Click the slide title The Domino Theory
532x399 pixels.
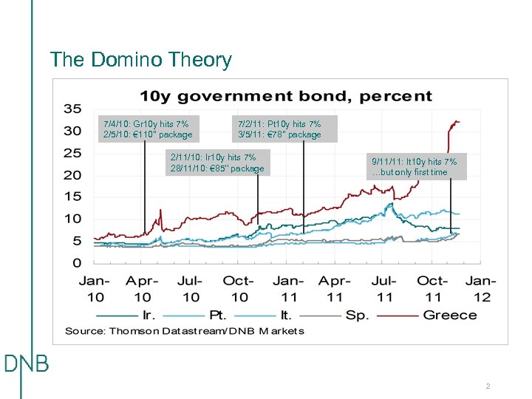(x=140, y=60)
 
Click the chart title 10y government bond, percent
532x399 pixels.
(x=287, y=96)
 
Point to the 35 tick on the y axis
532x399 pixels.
(x=72, y=109)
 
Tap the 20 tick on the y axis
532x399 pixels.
(x=72, y=175)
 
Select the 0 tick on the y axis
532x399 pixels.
(x=77, y=263)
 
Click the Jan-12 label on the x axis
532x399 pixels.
(x=480, y=288)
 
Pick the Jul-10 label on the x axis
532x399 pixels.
(x=191, y=288)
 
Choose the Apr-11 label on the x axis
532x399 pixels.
(x=334, y=288)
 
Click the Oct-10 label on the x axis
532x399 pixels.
(x=239, y=288)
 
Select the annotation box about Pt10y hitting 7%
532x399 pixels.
(x=279, y=129)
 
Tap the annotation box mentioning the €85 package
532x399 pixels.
(x=216, y=163)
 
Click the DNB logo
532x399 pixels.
(x=26, y=364)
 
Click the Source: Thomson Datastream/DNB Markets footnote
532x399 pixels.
(x=184, y=331)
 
